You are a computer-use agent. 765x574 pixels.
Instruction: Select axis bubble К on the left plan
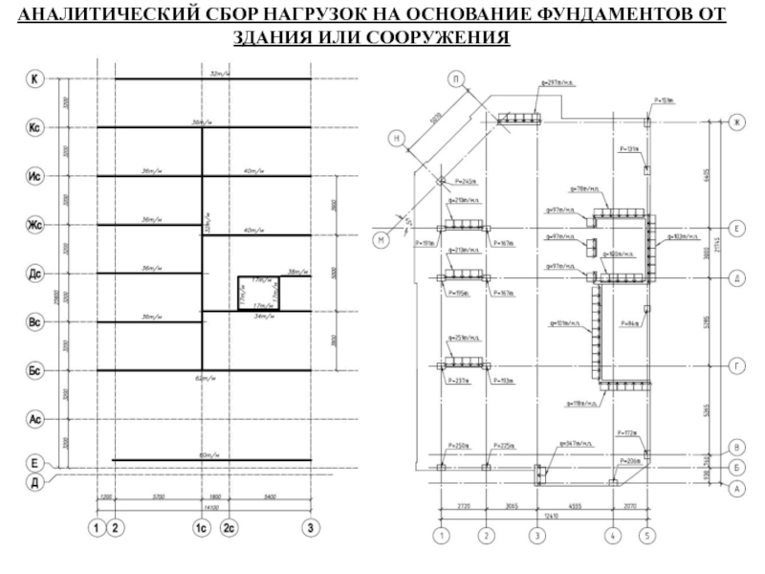pyautogui.click(x=35, y=79)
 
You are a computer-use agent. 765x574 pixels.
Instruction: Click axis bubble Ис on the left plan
pyautogui.click(x=35, y=177)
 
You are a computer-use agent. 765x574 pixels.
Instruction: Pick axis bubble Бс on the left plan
pyautogui.click(x=35, y=370)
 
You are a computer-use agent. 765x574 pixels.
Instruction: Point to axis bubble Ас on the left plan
pyautogui.click(x=35, y=418)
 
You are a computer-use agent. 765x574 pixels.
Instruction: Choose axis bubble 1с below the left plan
pyautogui.click(x=203, y=527)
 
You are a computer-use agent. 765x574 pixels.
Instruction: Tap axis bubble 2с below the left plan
pyautogui.click(x=229, y=527)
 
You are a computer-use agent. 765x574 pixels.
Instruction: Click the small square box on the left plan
pyautogui.click(x=258, y=293)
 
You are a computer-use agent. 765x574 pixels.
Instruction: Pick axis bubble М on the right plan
pyautogui.click(x=381, y=241)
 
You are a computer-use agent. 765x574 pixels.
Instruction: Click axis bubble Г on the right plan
pyautogui.click(x=737, y=365)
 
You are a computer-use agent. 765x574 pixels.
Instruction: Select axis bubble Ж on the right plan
pyautogui.click(x=737, y=121)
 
